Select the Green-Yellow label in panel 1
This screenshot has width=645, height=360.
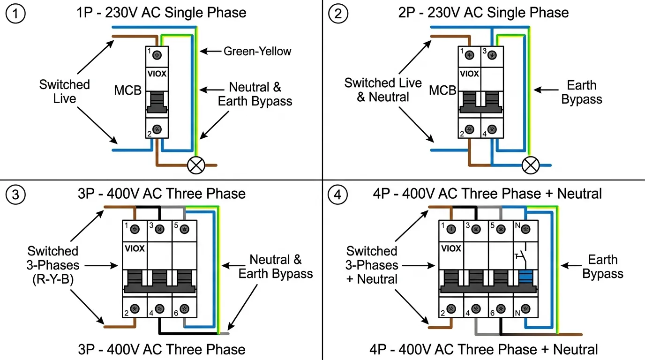pos(257,51)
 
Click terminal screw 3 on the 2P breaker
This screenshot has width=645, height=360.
pos(492,55)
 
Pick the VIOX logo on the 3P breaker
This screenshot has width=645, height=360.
pos(135,248)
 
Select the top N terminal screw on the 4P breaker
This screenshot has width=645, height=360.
pos(525,229)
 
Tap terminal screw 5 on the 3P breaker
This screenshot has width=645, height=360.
pos(184,229)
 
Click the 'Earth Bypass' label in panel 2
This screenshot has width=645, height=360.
pos(581,92)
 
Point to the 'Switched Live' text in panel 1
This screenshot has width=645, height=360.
pos(64,91)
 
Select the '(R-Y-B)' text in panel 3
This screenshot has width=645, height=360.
pos(53,279)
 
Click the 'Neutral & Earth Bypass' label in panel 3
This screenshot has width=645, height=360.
pos(275,267)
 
